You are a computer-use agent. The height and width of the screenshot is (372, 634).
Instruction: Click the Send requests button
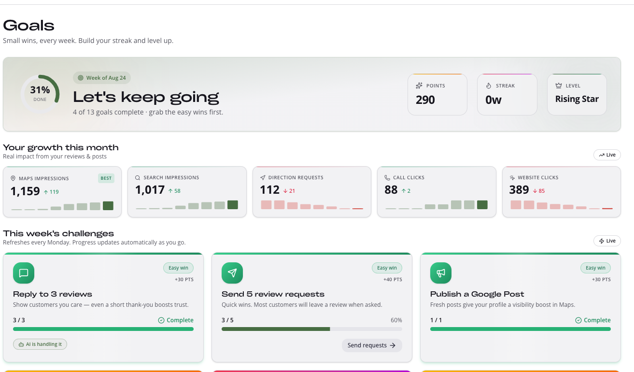pos(372,345)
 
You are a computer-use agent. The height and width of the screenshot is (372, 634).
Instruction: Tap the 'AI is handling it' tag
pos(40,344)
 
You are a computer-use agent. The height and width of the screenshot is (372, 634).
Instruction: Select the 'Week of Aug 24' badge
pos(102,78)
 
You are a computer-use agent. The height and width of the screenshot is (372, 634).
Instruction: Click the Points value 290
pos(425,100)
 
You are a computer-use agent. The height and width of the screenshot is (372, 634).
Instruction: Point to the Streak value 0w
pos(493,100)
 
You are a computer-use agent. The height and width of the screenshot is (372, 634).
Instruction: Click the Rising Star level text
pos(577,99)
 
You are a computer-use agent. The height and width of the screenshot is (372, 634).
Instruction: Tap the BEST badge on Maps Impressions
pos(106,178)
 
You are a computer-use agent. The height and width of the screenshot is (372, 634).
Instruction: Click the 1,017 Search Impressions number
pos(150,190)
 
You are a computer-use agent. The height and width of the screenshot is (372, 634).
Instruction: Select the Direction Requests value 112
pos(270,190)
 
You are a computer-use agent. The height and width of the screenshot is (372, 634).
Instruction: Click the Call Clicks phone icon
pos(387,177)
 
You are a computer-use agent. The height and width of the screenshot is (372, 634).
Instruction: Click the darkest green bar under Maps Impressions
pos(108,206)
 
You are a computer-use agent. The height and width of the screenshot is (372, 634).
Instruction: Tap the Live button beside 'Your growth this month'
pos(607,155)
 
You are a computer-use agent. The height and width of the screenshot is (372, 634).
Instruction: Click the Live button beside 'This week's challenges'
pos(607,241)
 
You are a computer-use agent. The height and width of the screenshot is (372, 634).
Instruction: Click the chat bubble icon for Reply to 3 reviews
pos(24,273)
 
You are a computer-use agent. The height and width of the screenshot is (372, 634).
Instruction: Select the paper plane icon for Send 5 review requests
pos(232,273)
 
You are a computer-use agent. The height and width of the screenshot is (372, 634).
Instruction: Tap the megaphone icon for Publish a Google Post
pos(441,273)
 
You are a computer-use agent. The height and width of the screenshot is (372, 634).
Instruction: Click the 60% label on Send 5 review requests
pos(396,320)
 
